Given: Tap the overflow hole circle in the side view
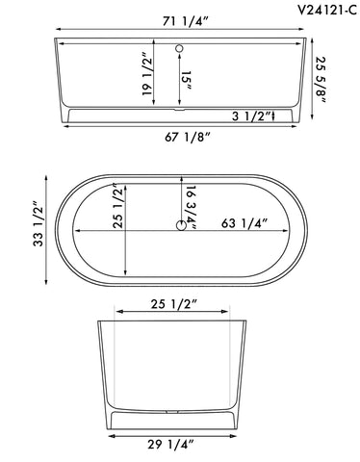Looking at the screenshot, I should coord(180,47).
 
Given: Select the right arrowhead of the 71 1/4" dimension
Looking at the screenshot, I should coord(310,42).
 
